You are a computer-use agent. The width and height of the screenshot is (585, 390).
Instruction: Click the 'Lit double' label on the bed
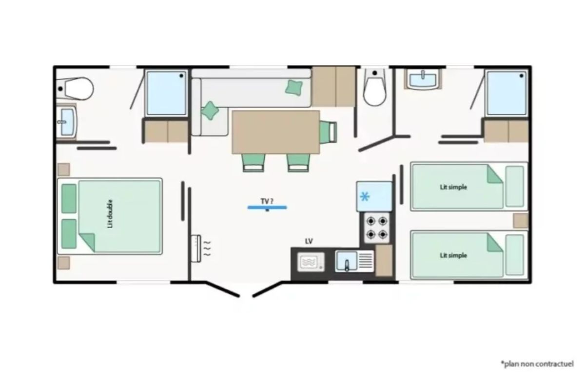point(111,214)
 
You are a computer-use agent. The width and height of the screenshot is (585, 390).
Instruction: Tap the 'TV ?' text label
point(267,201)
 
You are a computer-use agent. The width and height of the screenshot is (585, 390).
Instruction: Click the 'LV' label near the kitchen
point(309,241)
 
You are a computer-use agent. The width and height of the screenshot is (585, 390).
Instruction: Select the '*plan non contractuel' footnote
point(537,364)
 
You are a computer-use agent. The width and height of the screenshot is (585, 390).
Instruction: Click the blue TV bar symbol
point(267,208)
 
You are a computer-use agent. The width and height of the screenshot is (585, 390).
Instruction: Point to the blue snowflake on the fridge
point(365,196)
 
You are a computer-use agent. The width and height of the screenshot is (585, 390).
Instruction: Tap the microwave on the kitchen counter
point(311,262)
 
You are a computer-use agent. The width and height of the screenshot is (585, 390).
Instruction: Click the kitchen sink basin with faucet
point(346,261)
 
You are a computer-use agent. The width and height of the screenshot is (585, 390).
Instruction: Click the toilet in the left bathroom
point(76,89)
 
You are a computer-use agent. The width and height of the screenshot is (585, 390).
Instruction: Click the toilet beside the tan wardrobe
point(375,87)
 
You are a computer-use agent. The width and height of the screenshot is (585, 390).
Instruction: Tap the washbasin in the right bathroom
point(423,79)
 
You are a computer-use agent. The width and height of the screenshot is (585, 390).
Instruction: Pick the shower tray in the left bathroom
point(166,93)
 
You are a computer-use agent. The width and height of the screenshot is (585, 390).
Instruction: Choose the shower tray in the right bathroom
point(507,93)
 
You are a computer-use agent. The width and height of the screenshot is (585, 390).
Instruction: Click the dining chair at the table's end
point(328,132)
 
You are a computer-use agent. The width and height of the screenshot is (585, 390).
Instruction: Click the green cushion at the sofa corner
point(210,111)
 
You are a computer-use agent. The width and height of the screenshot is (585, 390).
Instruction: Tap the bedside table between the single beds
point(521,221)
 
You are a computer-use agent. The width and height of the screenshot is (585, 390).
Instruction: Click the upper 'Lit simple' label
point(453,187)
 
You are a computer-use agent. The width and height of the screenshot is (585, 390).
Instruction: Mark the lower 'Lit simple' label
point(453,255)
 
